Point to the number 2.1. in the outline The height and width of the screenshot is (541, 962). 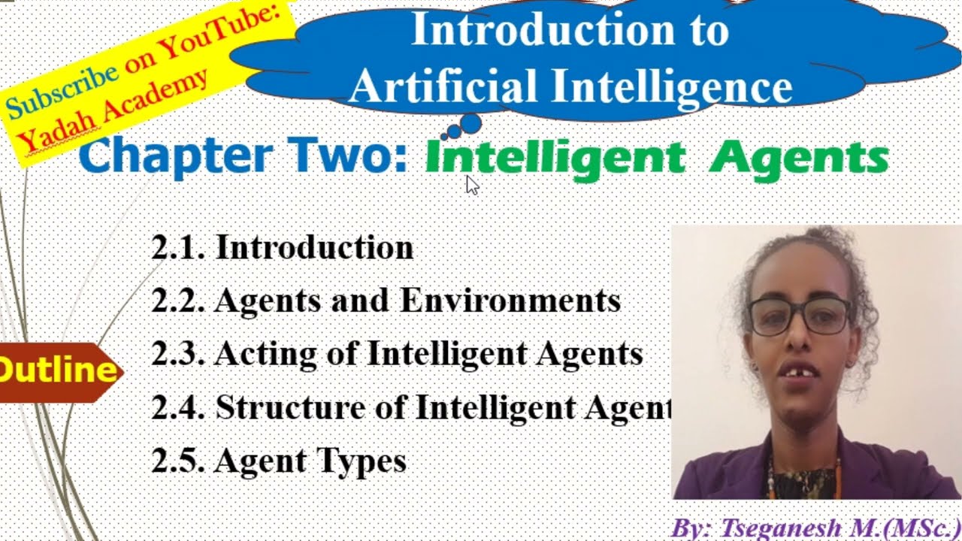tap(178, 248)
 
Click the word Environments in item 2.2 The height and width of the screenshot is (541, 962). tap(510, 301)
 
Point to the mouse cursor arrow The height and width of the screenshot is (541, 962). tap(471, 185)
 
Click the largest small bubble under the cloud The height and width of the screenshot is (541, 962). tap(470, 123)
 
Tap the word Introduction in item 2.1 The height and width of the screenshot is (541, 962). tap(314, 248)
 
